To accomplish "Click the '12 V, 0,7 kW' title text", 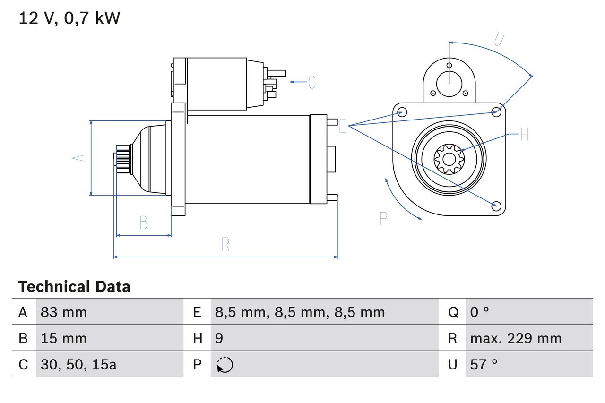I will click(69, 18).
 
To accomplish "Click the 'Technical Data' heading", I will click(74, 286).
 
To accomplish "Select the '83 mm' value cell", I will click(63, 312).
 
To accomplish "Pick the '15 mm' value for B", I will click(63, 338).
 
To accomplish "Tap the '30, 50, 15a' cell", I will click(78, 364).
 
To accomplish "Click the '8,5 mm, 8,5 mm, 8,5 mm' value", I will click(300, 312).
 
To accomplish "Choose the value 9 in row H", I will click(219, 338).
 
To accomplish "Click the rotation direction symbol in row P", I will click(225, 365).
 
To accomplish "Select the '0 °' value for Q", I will click(479, 312).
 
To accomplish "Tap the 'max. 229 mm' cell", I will click(516, 338).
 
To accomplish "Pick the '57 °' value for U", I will click(484, 364).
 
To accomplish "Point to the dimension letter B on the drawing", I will click(144, 222).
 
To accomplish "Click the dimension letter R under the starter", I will click(225, 244).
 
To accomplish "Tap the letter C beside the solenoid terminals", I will click(311, 82).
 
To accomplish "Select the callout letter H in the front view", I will click(524, 135).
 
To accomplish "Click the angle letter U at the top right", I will click(498, 39).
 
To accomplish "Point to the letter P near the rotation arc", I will click(383, 218).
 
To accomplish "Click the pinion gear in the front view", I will click(449, 158).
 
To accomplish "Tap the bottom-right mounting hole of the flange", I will click(496, 205).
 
